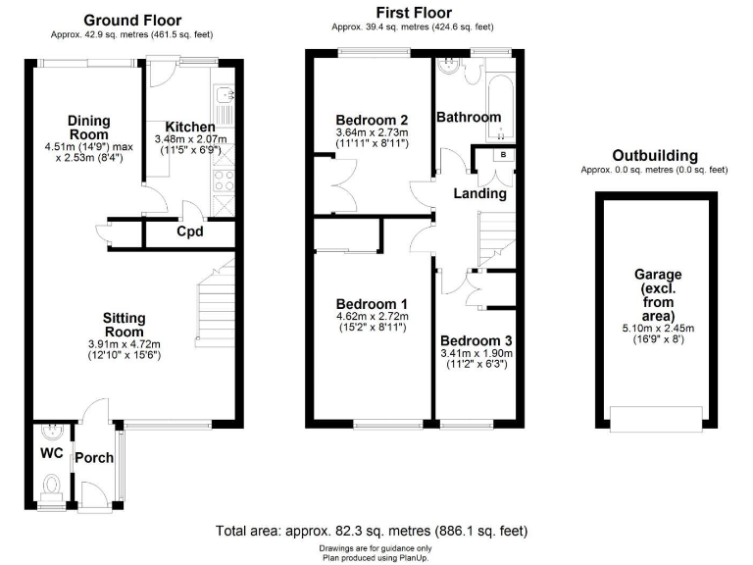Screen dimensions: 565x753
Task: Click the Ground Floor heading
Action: pyautogui.click(x=132, y=21)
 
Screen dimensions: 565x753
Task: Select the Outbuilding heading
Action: pyautogui.click(x=654, y=155)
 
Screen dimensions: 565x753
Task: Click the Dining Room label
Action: pyautogui.click(x=88, y=128)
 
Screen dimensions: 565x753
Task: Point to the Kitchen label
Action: pyautogui.click(x=189, y=128)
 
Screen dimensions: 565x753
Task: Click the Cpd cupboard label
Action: pyautogui.click(x=189, y=232)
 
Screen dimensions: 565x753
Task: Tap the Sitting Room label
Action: pyautogui.click(x=124, y=325)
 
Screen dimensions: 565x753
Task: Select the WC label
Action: pyautogui.click(x=51, y=454)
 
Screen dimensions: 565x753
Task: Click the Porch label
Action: pyautogui.click(x=94, y=457)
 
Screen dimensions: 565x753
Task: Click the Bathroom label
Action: pyautogui.click(x=469, y=117)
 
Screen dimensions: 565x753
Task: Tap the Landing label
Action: pyautogui.click(x=479, y=193)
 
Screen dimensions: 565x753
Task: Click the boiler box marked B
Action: pyautogui.click(x=503, y=155)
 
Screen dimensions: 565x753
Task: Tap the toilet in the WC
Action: pyautogui.click(x=52, y=484)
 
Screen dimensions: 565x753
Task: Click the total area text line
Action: pyautogui.click(x=372, y=531)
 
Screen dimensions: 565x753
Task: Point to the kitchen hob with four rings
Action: pyautogui.click(x=222, y=180)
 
